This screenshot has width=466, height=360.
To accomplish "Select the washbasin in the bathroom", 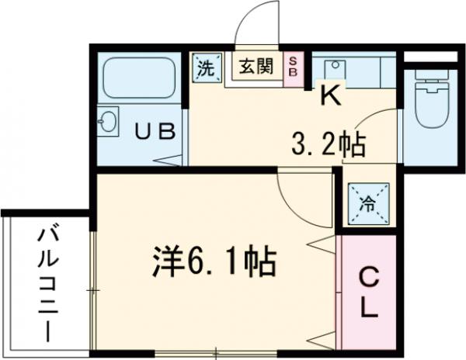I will click(x=109, y=122).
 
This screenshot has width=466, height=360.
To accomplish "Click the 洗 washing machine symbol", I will click(x=206, y=67).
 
